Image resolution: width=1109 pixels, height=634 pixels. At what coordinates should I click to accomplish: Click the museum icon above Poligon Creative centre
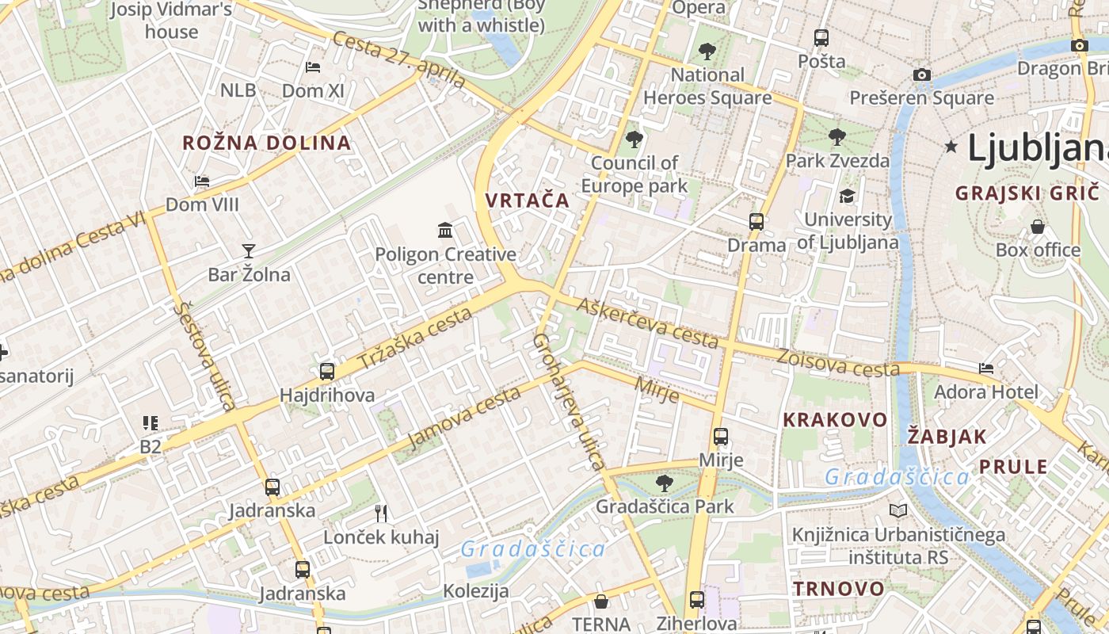click(445, 231)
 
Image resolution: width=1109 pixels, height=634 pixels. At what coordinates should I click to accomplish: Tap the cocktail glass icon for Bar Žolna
click(249, 251)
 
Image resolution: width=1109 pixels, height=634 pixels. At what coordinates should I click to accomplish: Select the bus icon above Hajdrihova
click(326, 371)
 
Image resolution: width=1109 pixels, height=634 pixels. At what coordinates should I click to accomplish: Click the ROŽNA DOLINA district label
click(266, 143)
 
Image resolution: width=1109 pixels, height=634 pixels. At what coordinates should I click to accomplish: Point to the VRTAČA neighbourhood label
click(528, 201)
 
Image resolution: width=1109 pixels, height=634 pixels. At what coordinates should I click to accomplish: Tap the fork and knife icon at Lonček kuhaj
click(381, 513)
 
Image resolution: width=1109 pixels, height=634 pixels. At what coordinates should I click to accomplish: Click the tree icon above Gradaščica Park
click(664, 483)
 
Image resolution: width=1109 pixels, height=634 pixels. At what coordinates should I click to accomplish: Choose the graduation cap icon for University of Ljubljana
click(847, 196)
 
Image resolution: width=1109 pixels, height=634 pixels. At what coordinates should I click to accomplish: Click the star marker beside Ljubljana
click(951, 147)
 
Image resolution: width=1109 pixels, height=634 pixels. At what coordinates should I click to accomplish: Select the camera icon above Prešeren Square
click(921, 74)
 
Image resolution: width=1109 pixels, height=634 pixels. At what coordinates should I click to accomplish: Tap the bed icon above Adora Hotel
click(985, 369)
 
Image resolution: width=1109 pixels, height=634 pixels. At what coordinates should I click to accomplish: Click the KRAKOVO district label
click(835, 420)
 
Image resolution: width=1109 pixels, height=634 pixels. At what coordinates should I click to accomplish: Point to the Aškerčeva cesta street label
click(647, 323)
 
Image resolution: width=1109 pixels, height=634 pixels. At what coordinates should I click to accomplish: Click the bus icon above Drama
click(756, 221)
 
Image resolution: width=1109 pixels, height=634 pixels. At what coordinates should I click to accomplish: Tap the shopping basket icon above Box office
click(1038, 227)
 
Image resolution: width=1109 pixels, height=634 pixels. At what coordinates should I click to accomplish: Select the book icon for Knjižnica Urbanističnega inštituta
click(897, 511)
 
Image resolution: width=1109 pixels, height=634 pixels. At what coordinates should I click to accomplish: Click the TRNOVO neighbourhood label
click(839, 589)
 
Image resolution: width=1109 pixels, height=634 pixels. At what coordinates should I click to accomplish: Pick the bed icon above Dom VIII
click(202, 181)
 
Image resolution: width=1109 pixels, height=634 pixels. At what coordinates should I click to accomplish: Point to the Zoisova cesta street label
click(837, 362)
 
